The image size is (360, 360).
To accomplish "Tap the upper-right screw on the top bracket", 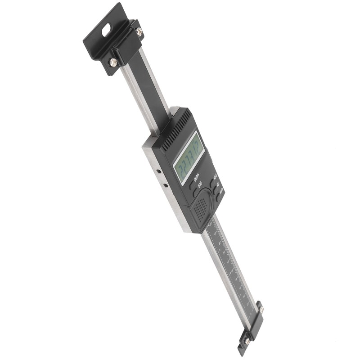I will point(139,31).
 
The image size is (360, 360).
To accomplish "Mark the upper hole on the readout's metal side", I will point(158,172).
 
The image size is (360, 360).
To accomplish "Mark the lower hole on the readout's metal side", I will point(166,185).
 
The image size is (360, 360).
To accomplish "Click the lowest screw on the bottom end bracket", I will point(247,341).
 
